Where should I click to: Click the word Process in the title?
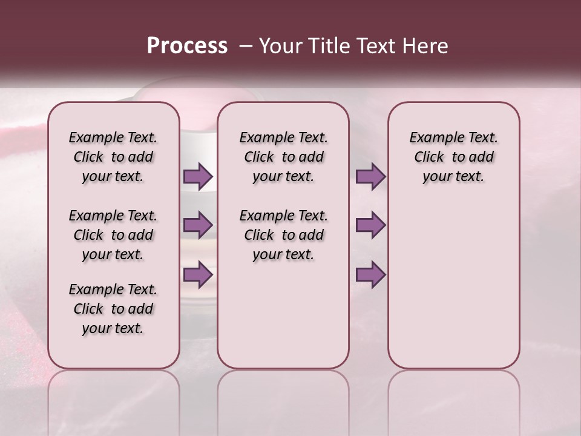pyautogui.click(x=187, y=46)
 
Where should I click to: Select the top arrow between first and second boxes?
pyautogui.click(x=198, y=176)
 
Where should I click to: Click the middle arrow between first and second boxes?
pyautogui.click(x=198, y=225)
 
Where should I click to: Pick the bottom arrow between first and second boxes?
pyautogui.click(x=198, y=274)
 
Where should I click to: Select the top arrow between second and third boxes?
pyautogui.click(x=370, y=176)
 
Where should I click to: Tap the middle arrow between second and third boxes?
pyautogui.click(x=370, y=225)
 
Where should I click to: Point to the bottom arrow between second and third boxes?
pyautogui.click(x=370, y=274)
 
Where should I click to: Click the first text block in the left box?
pyautogui.click(x=113, y=157)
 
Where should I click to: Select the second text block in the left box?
pyautogui.click(x=113, y=235)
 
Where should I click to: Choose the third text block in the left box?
pyautogui.click(x=113, y=309)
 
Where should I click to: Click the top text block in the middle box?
pyautogui.click(x=283, y=157)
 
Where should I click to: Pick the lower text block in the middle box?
pyautogui.click(x=283, y=235)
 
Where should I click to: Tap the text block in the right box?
pyautogui.click(x=454, y=157)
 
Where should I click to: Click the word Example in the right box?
pyautogui.click(x=435, y=138)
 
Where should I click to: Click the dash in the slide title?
pyautogui.click(x=246, y=46)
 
